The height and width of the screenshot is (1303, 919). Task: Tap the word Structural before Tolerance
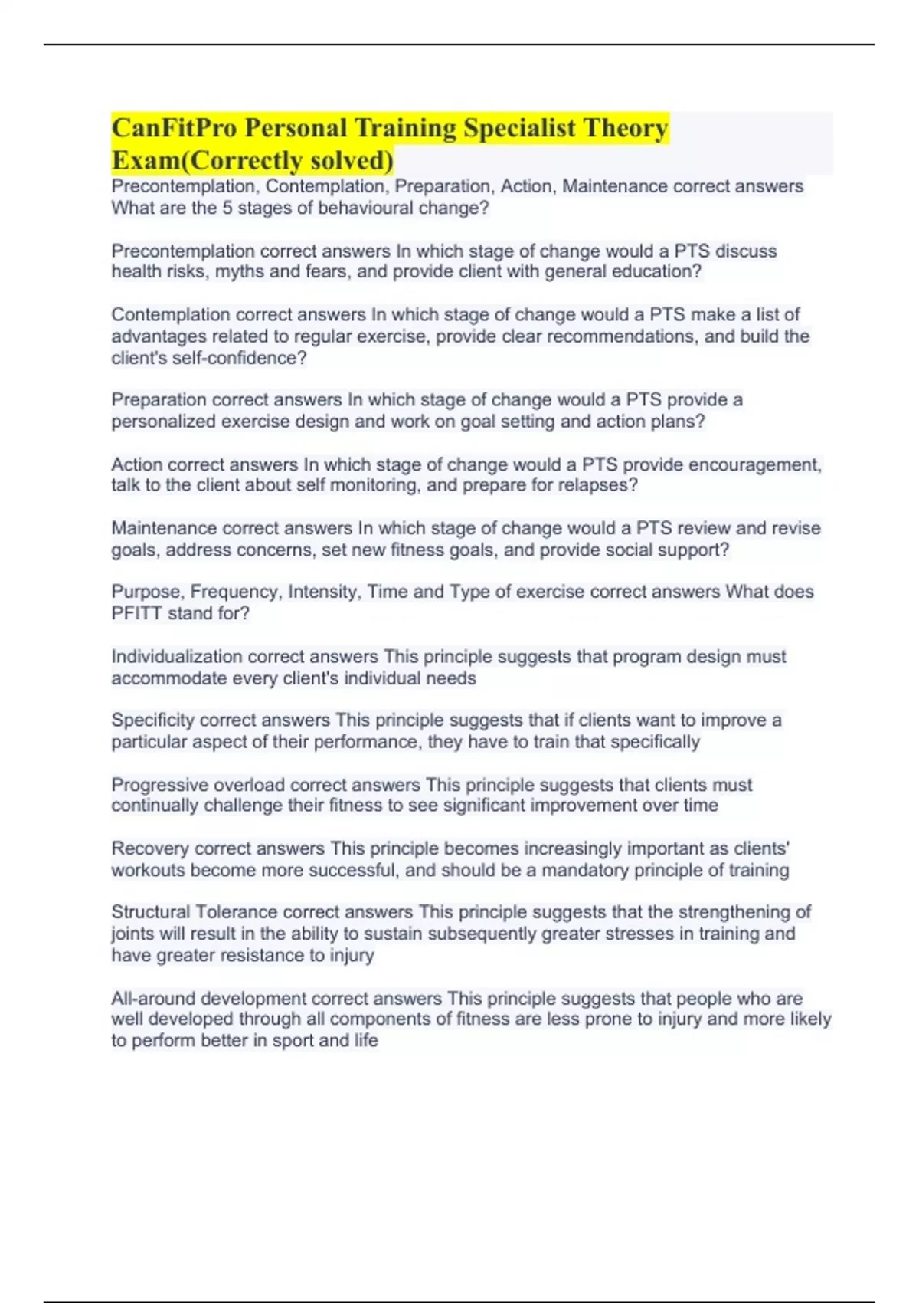tap(151, 912)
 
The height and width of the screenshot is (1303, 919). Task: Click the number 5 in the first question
tap(227, 208)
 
